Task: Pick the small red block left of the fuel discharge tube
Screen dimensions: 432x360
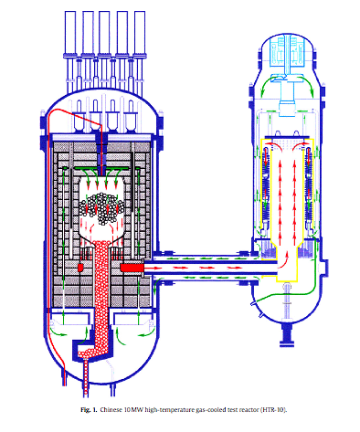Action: coord(81,269)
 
